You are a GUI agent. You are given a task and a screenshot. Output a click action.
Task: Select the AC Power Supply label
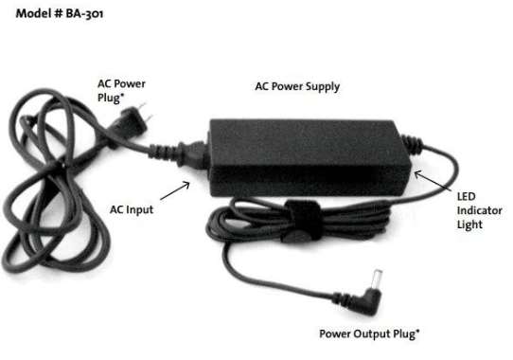297,86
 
